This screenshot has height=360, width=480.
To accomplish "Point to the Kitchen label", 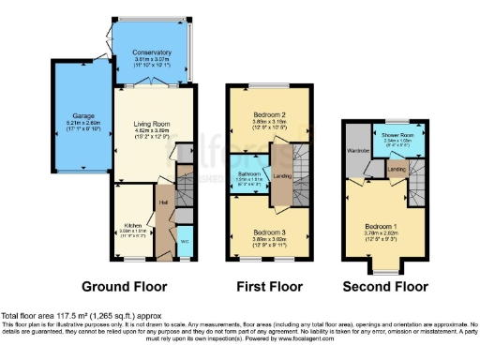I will coord(132,225).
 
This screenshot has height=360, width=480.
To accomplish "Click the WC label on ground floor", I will coord(184,240).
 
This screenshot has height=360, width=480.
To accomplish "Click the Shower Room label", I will coord(397,133).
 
